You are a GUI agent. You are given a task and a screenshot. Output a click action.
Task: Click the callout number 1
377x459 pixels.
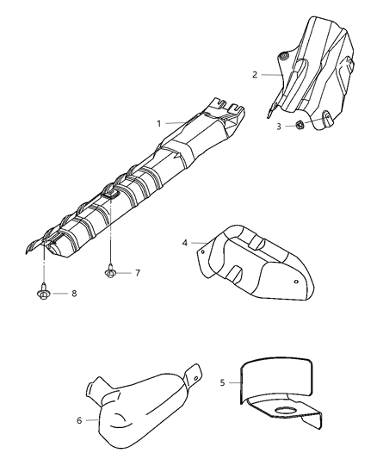pyautogui.click(x=159, y=123)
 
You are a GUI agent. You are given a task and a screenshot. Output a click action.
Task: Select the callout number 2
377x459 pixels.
pyautogui.click(x=255, y=75)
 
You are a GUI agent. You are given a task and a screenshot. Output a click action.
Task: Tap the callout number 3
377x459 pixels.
pyautogui.click(x=279, y=127)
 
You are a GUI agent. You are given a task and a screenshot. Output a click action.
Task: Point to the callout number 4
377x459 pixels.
pyautogui.click(x=184, y=243)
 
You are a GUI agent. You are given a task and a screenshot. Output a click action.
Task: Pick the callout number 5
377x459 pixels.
pyautogui.click(x=222, y=382)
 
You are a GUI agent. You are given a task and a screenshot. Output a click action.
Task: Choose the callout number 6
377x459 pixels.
pyautogui.click(x=79, y=420)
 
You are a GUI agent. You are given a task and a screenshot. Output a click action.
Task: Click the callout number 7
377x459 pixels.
pyautogui.click(x=138, y=273)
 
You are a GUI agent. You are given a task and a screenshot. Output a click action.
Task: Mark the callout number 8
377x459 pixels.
pyautogui.click(x=74, y=293)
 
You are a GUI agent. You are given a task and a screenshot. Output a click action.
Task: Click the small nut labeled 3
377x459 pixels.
pyautogui.click(x=300, y=125)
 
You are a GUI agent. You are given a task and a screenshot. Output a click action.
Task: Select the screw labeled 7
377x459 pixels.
pyautogui.click(x=110, y=271)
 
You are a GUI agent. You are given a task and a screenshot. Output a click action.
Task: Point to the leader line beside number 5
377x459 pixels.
pyautogui.click(x=235, y=382)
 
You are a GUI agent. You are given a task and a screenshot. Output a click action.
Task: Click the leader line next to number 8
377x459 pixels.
pyautogui.click(x=60, y=293)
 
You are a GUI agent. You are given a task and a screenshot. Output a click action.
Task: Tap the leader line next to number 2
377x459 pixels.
pyautogui.click(x=272, y=75)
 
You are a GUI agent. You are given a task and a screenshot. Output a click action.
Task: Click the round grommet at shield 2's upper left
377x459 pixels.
pyautogui.click(x=284, y=57)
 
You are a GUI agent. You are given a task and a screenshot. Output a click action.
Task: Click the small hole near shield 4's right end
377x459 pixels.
pyautogui.click(x=296, y=282)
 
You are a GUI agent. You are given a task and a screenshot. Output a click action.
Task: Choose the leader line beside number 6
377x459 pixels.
pyautogui.click(x=92, y=420)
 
